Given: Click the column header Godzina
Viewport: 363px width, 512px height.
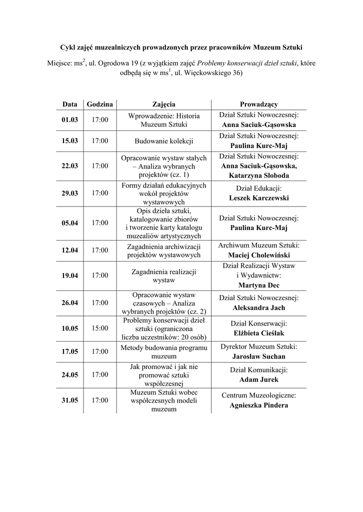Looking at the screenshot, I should point(100,104).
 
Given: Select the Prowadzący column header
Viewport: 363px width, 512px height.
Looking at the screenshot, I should point(258,104).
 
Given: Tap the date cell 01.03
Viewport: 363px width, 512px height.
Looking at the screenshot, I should point(70,120).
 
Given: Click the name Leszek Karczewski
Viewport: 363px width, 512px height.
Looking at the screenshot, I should point(259,198).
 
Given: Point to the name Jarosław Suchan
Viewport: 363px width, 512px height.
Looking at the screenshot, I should point(259,356).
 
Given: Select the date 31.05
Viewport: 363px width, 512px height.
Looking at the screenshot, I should point(70,400).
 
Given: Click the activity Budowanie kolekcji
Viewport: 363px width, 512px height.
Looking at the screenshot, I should point(164,141).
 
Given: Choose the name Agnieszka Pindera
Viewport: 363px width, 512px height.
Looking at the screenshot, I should point(259,405).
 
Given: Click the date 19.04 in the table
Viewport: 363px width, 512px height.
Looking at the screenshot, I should point(70,275).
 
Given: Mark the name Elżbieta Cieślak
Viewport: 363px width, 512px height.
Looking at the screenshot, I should point(259,332).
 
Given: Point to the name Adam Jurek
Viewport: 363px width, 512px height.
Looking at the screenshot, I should point(259,379).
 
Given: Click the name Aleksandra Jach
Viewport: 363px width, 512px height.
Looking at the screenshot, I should point(259,307).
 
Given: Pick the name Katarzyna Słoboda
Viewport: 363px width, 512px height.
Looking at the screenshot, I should point(259,175).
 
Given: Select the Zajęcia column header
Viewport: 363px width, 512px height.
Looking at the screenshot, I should point(164,104).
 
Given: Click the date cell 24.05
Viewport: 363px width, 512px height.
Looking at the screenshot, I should point(70,374).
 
